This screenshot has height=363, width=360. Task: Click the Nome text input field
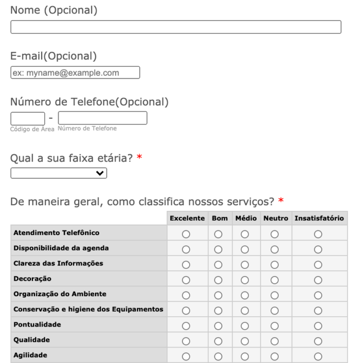pyautogui.click(x=176, y=27)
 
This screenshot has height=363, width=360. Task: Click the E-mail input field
pyautogui.click(x=75, y=72)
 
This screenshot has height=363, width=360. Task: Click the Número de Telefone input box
pyautogui.click(x=102, y=118)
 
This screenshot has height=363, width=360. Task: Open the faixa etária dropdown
pyautogui.click(x=59, y=174)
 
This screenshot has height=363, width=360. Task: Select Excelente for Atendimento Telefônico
pyautogui.click(x=187, y=234)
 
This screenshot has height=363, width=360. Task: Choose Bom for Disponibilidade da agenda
pyautogui.click(x=218, y=249)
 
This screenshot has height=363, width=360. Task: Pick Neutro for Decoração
pyautogui.click(x=275, y=280)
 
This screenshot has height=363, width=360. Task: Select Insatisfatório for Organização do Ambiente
pyautogui.click(x=318, y=295)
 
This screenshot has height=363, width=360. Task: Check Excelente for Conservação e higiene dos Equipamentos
pyautogui.click(x=187, y=310)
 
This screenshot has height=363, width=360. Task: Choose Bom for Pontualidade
pyautogui.click(x=218, y=325)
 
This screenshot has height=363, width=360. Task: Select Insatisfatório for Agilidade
pyautogui.click(x=318, y=356)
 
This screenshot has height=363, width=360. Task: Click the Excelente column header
pyautogui.click(x=187, y=219)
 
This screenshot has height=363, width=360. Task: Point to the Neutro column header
pyautogui.click(x=276, y=219)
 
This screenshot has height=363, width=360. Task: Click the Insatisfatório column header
pyautogui.click(x=319, y=219)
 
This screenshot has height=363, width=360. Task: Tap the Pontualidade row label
pyautogui.click(x=37, y=325)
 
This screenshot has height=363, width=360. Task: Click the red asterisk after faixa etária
pyautogui.click(x=139, y=159)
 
